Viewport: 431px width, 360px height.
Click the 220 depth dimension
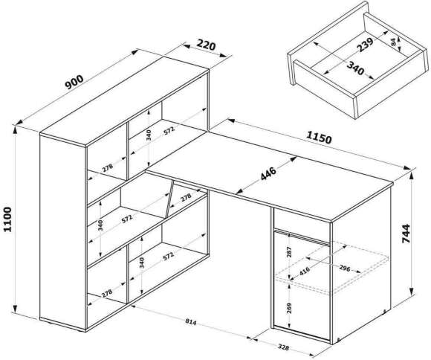(207, 45)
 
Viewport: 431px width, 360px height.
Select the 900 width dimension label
(74, 82)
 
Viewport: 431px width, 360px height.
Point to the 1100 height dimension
(8, 219)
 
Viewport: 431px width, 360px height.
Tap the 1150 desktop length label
(319, 138)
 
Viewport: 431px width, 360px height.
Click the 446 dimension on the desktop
(268, 174)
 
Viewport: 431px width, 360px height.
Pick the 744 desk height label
(406, 234)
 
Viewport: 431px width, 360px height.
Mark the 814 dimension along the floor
(191, 321)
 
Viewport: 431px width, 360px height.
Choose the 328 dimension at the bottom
(283, 347)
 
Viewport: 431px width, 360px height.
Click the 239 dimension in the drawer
(365, 45)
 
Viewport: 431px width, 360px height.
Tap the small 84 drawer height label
(394, 42)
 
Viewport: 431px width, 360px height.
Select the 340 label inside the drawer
(355, 68)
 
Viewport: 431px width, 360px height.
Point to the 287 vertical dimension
(289, 252)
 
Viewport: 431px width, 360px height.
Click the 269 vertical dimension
(289, 309)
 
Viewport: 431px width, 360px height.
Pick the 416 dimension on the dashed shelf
(305, 271)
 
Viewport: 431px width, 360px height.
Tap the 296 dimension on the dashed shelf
(344, 268)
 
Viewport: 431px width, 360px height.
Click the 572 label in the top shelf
(169, 130)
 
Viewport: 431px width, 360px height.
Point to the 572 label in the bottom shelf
(168, 256)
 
